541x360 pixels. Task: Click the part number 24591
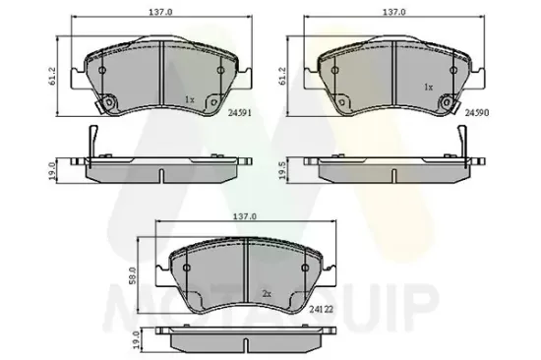click(x=240, y=112)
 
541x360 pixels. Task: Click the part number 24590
click(x=477, y=112)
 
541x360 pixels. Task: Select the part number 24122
click(x=322, y=309)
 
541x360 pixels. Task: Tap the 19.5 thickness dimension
click(x=283, y=170)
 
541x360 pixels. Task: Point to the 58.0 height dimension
click(x=134, y=275)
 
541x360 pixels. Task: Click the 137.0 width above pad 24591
click(x=160, y=12)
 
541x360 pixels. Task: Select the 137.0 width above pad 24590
click(x=394, y=12)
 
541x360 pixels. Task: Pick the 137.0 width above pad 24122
click(x=245, y=216)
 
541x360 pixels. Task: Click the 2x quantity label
click(x=267, y=294)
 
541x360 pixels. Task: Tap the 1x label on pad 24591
click(x=190, y=99)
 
